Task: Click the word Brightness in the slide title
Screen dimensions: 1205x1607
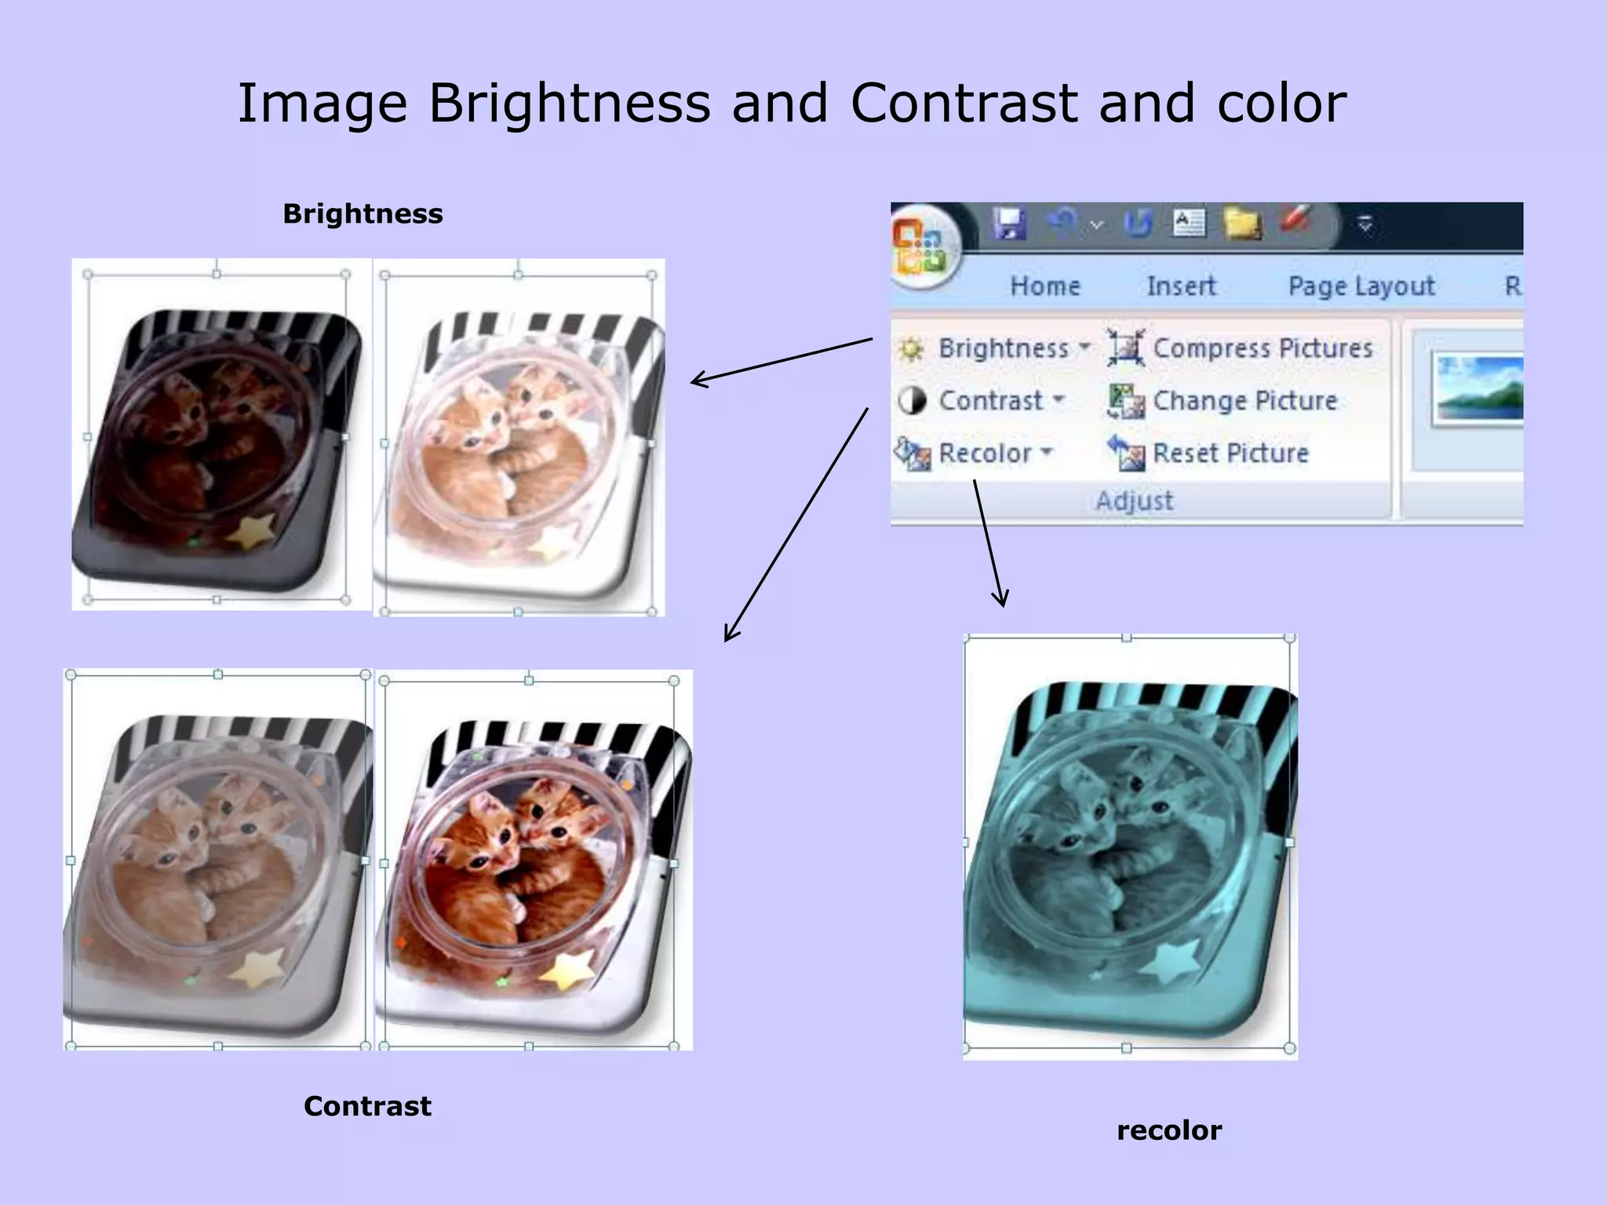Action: point(569,103)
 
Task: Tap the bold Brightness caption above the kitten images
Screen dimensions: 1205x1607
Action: point(363,213)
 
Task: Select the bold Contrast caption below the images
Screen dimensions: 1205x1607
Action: point(367,1106)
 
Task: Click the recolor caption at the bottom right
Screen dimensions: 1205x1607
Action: point(1169,1130)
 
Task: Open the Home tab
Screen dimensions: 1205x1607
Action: point(1045,286)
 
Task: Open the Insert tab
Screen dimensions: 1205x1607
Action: point(1181,286)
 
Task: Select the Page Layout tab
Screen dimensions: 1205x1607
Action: point(1361,286)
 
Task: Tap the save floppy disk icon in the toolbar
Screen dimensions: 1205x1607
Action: point(1009,224)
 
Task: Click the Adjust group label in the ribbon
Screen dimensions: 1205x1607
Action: point(1135,501)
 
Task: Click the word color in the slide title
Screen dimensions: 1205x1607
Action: point(1281,103)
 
